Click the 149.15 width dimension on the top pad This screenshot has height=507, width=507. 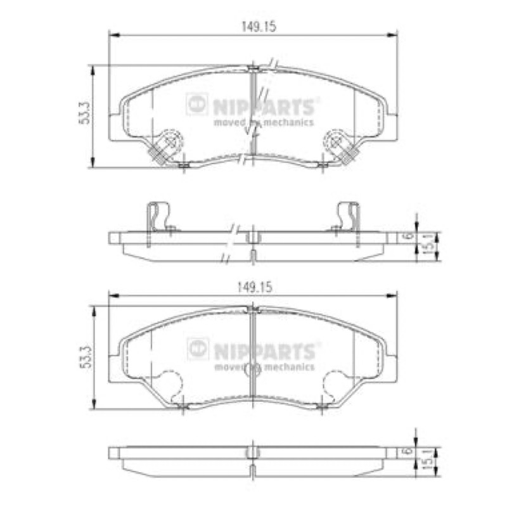coord(259,27)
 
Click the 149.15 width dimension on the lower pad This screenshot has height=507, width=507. coord(255,288)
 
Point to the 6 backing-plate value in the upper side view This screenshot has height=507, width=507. coord(409,236)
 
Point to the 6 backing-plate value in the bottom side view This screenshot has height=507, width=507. coord(409,451)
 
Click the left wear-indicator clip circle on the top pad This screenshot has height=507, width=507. coord(171,141)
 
